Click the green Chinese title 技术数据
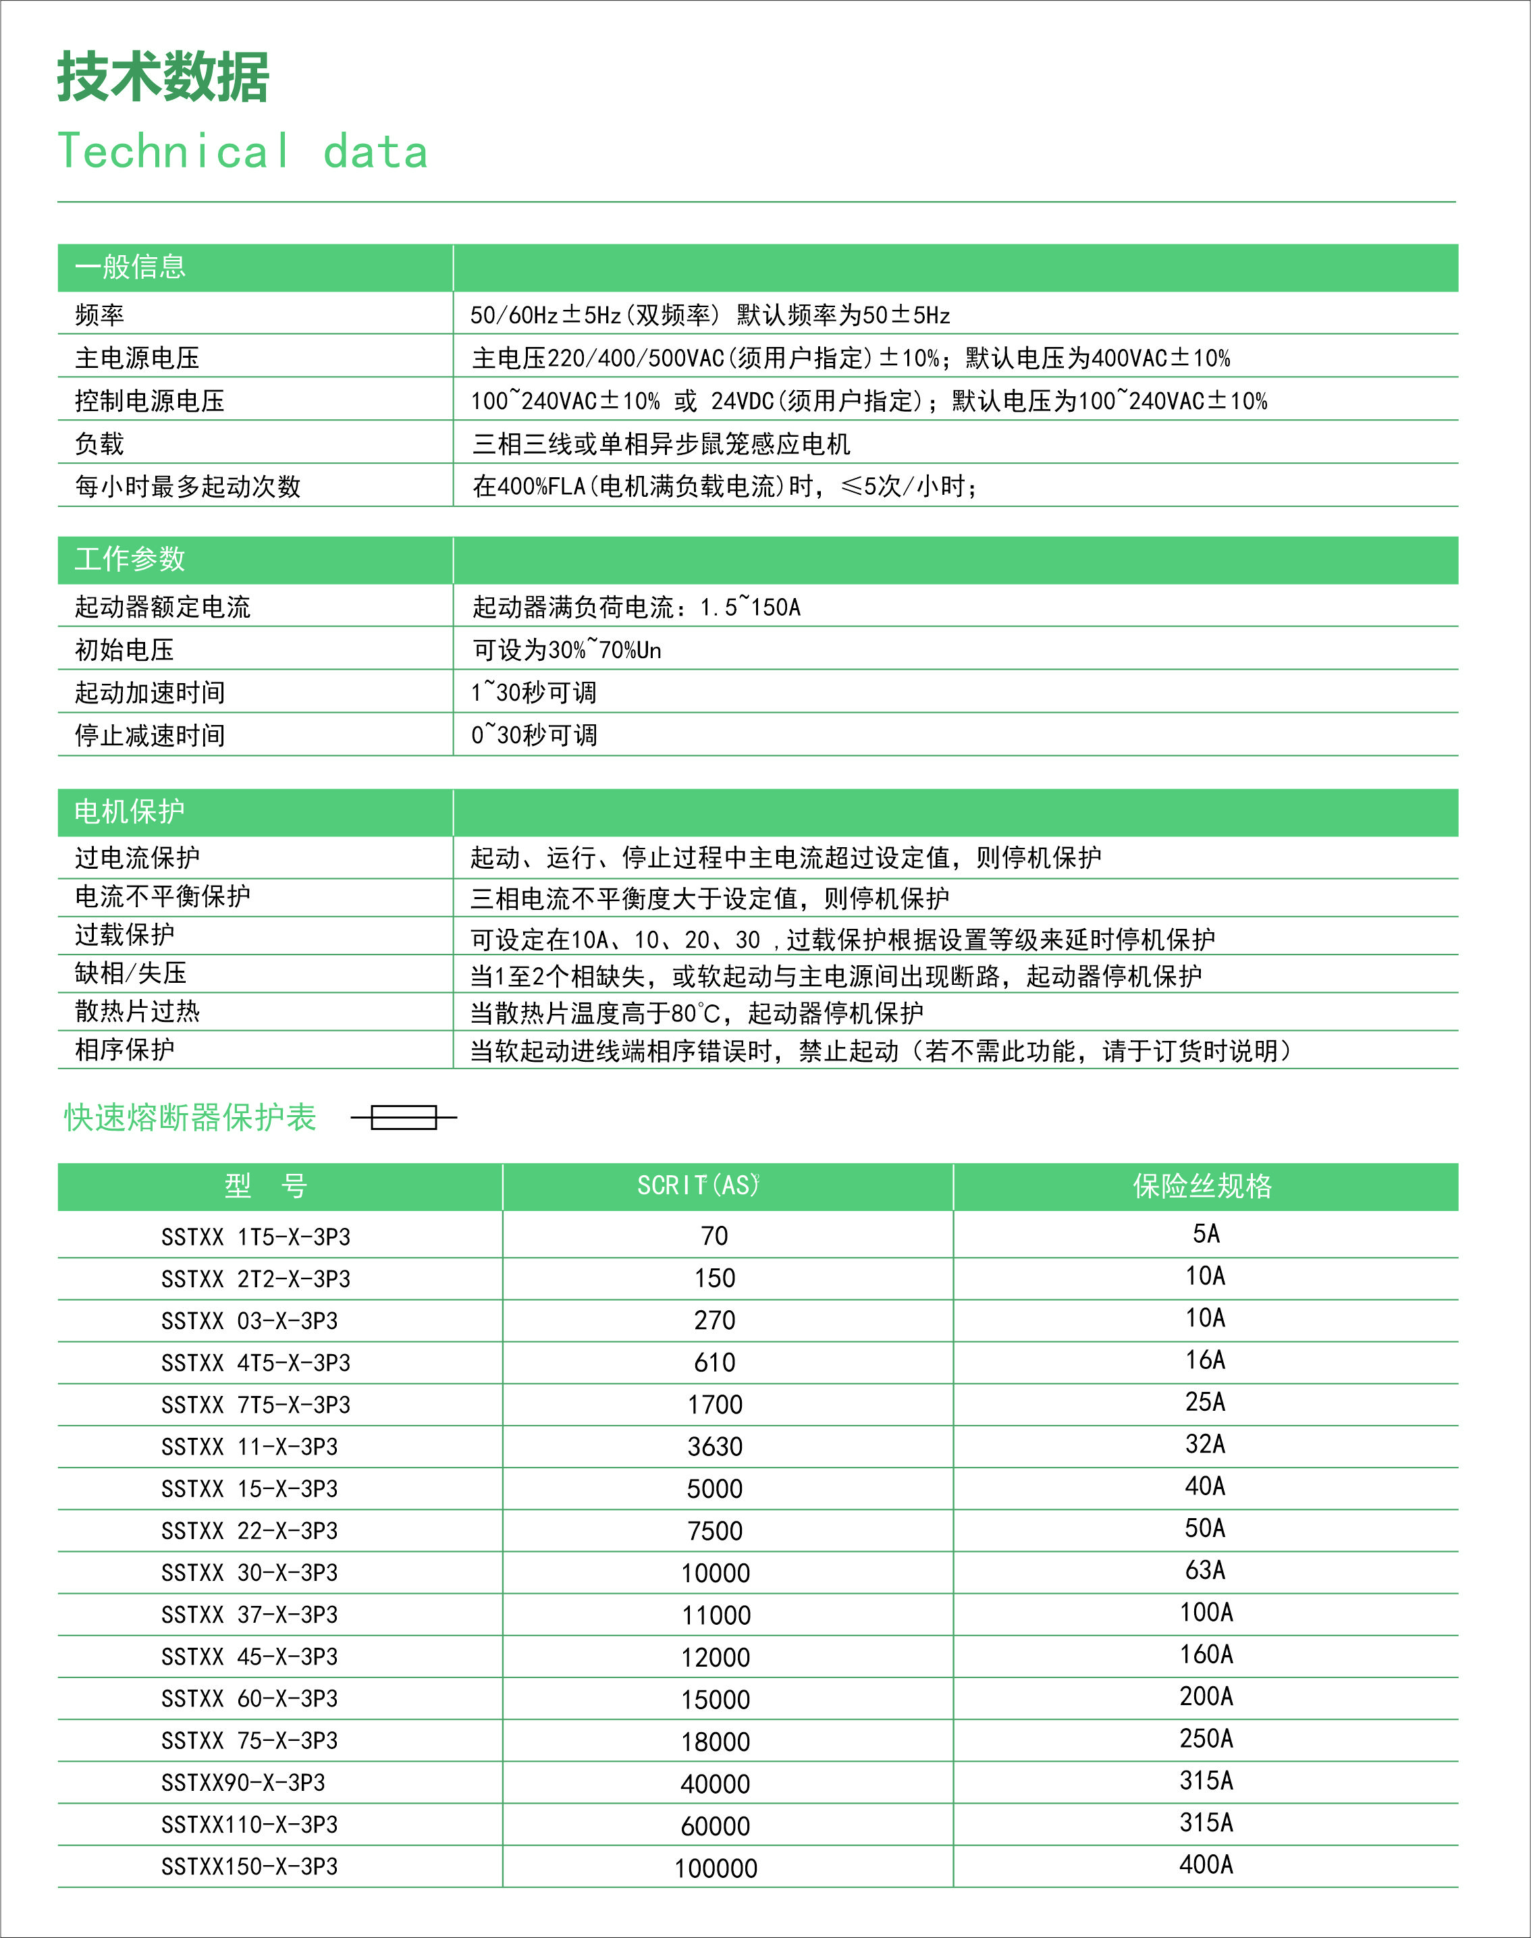click(x=163, y=77)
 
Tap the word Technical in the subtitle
click(x=175, y=151)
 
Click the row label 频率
click(x=99, y=315)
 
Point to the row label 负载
click(x=99, y=443)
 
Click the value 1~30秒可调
click(x=533, y=692)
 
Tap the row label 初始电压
click(x=125, y=650)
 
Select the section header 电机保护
click(x=130, y=812)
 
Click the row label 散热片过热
click(x=137, y=1011)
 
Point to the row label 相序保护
click(x=125, y=1050)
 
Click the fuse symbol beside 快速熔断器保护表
click(x=404, y=1117)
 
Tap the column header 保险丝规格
click(x=1203, y=1186)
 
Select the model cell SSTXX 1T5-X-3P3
click(x=255, y=1237)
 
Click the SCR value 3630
click(x=714, y=1447)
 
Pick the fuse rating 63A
click(x=1205, y=1571)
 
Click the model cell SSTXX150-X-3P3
click(x=249, y=1867)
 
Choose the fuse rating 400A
click(x=1206, y=1865)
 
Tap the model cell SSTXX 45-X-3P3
click(x=249, y=1657)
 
